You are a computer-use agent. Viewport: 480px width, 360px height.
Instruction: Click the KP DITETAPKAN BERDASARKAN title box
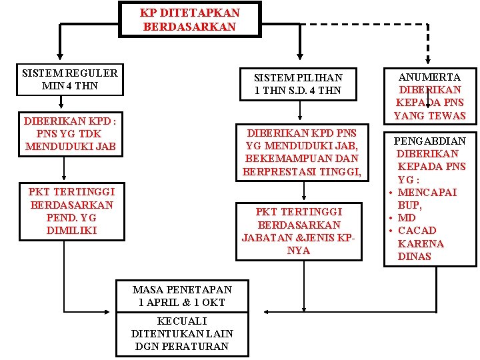coord(190,20)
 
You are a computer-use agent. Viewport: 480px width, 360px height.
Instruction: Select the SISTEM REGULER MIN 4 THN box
coord(69,79)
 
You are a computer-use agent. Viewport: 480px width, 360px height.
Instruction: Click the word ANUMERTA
coord(430,77)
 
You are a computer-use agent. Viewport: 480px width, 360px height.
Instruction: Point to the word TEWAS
coord(448,116)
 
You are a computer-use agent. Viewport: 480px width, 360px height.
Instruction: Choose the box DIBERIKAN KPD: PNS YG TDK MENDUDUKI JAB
coord(70,134)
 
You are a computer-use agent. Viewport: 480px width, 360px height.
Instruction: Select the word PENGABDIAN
coord(430,141)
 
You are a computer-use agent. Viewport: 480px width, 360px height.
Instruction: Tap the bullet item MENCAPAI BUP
coord(430,199)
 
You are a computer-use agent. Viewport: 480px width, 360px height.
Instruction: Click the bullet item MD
coord(406,218)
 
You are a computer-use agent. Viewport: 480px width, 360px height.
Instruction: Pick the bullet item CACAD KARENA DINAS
coord(420,243)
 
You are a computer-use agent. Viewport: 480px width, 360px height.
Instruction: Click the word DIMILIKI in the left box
coord(71,230)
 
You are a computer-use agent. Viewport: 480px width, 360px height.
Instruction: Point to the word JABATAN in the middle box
coord(264,238)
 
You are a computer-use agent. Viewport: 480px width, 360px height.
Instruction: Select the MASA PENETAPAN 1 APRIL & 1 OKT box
coord(182,296)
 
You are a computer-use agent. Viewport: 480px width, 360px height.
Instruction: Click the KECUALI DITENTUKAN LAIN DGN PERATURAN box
coord(182,334)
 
